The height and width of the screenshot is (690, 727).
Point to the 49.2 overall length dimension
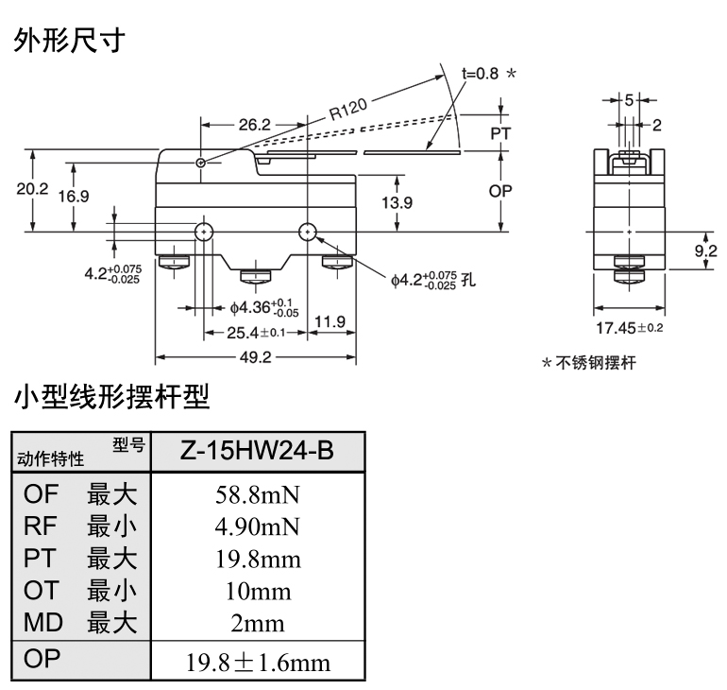point(255,357)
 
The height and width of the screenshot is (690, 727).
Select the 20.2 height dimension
point(32,188)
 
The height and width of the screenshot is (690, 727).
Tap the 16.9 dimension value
point(73,197)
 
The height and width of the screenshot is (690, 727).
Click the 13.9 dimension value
point(397,202)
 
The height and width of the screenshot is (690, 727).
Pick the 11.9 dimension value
point(330,322)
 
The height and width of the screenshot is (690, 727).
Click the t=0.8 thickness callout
point(480,74)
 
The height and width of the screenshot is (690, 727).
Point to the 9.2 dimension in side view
point(705,250)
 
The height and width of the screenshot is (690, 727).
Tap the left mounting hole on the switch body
point(203,232)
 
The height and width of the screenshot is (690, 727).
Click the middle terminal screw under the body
point(255,276)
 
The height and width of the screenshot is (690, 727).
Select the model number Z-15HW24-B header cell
point(257,451)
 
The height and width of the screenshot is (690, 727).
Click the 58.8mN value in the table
point(257,494)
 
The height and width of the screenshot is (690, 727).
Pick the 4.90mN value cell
point(257,526)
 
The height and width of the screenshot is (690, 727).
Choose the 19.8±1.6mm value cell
point(257,662)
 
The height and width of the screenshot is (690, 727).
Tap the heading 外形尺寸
point(69,41)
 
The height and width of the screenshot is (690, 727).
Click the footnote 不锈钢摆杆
point(596,364)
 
